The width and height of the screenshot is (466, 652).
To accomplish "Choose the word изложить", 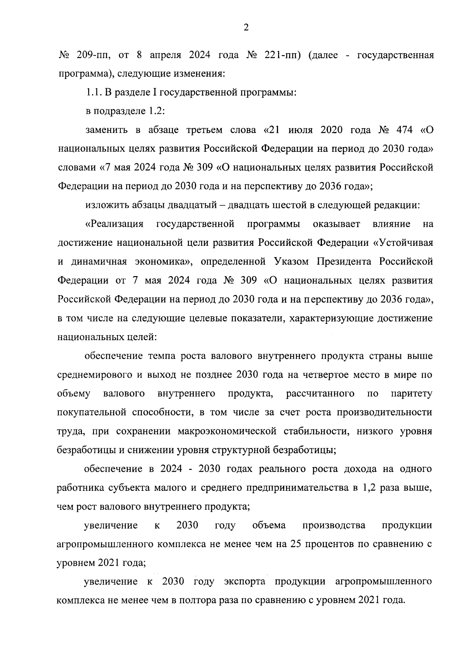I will coord(104,205).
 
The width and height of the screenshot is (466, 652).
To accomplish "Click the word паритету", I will coord(412,394).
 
